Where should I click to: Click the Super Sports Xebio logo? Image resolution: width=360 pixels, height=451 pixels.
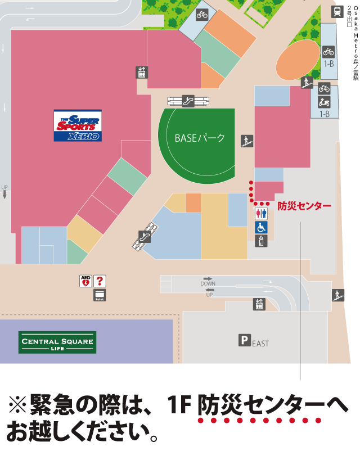pos(78,125)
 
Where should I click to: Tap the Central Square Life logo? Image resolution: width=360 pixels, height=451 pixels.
pos(57,342)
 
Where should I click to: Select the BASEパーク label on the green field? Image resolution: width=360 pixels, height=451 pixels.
pos(200,138)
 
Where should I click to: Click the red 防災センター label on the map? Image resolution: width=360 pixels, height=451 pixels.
pos(304,206)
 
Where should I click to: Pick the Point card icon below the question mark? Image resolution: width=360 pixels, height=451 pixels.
pos(100,295)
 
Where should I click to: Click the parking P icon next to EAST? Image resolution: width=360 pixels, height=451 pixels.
pos(244,340)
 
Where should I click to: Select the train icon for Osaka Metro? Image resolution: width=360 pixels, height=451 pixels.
pos(338,11)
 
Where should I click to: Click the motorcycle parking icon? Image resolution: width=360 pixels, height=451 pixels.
pos(324,102)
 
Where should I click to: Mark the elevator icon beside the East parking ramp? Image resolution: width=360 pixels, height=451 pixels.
pos(259,304)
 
